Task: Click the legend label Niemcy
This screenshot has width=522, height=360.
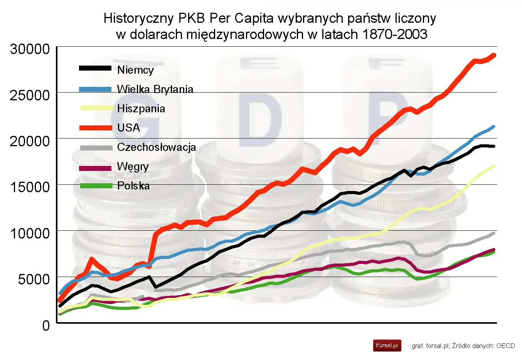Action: (x=135, y=70)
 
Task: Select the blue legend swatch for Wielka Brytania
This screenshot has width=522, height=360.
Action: (x=95, y=89)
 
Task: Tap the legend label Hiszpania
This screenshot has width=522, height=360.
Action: (x=141, y=108)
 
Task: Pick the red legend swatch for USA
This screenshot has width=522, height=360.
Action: (x=95, y=128)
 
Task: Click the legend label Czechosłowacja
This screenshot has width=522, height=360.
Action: (x=157, y=147)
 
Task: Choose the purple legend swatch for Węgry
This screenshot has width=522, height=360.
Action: (x=95, y=168)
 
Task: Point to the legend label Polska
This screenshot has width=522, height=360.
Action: (x=133, y=186)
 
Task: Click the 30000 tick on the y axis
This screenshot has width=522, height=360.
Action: (x=30, y=49)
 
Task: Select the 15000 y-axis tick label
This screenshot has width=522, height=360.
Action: (x=30, y=187)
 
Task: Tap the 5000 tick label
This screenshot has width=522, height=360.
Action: (x=34, y=279)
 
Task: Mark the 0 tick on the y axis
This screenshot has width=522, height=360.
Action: (x=46, y=325)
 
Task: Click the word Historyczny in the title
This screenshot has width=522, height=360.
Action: (x=139, y=18)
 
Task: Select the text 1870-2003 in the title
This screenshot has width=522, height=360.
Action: (x=394, y=34)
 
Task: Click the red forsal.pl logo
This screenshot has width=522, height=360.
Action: (x=387, y=345)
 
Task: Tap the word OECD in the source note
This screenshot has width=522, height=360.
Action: (x=505, y=346)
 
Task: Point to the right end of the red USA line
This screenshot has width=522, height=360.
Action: (x=494, y=55)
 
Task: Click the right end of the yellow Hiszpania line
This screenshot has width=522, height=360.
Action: (x=494, y=166)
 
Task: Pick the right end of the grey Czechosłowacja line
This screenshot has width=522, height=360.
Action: (x=494, y=233)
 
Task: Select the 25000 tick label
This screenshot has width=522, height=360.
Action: (x=30, y=95)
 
